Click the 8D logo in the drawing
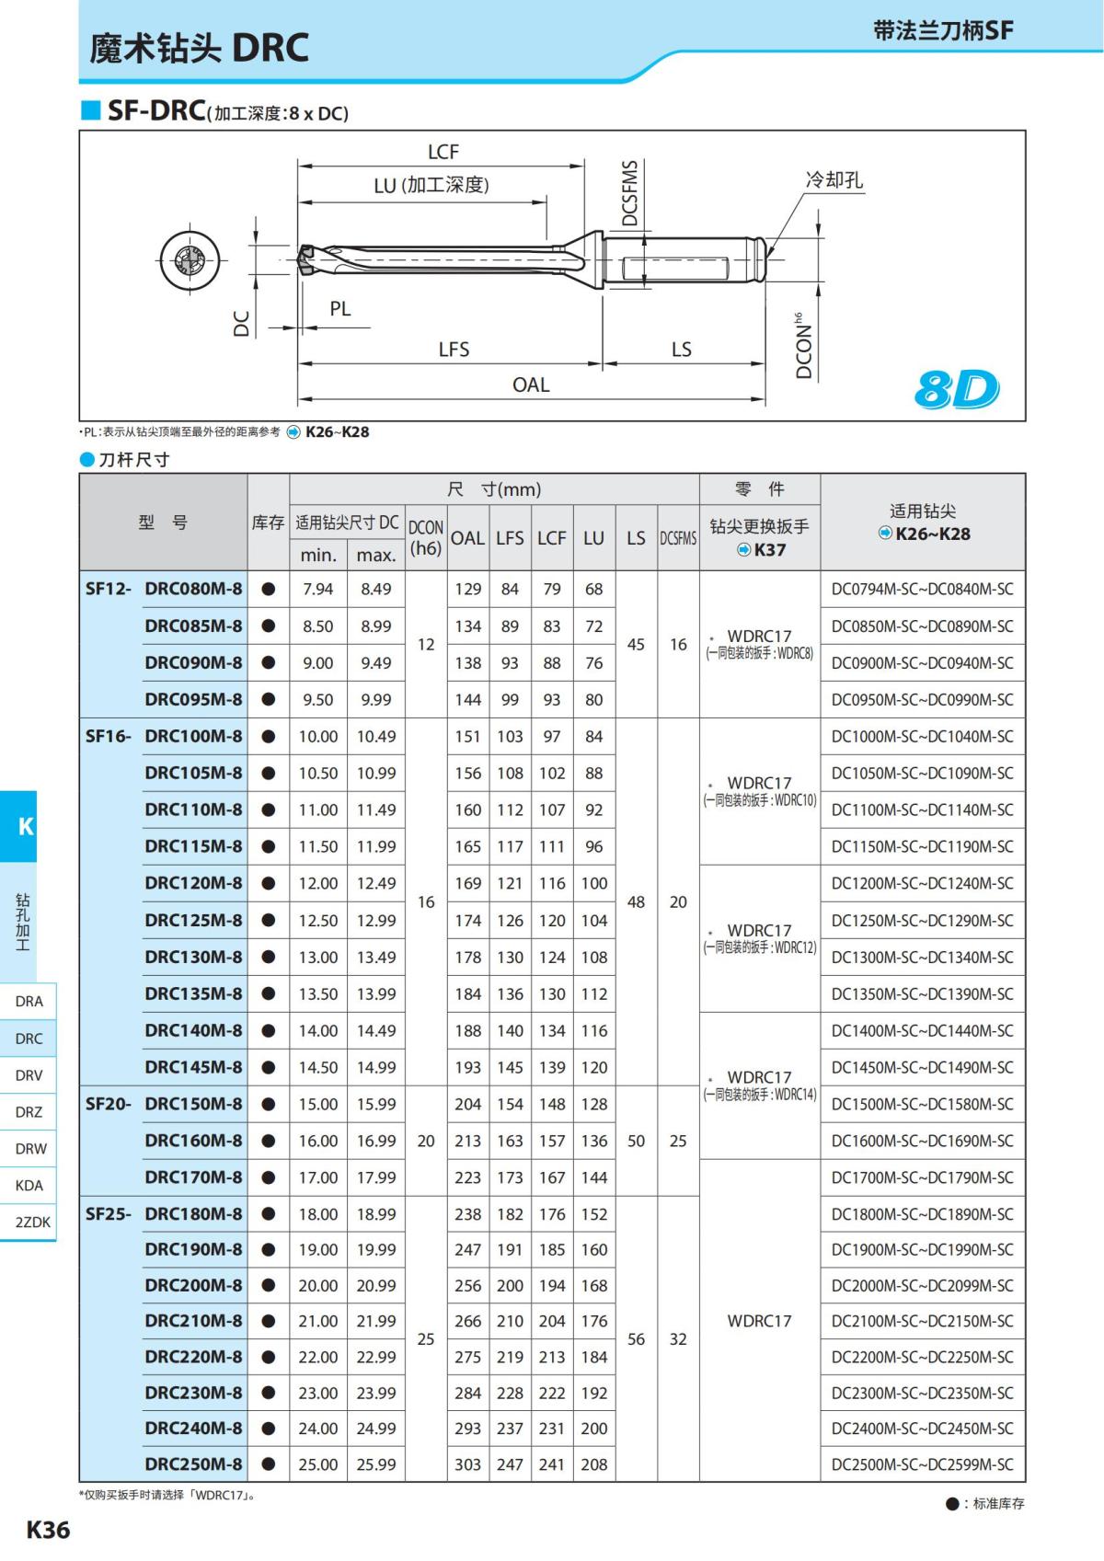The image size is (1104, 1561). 956,389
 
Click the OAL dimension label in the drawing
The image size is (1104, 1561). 531,385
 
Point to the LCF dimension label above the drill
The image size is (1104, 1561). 443,152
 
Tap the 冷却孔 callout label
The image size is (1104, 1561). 834,179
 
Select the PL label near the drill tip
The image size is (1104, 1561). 339,309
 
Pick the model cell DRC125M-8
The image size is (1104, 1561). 193,920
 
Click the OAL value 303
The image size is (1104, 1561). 467,1464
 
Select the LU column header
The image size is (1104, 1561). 593,537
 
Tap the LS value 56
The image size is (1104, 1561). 636,1339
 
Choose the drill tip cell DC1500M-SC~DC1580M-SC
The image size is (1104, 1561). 922,1104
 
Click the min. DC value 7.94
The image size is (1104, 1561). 317,589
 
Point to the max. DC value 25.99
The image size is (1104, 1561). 376,1464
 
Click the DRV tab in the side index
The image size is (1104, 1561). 29,1074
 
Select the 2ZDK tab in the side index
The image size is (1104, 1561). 32,1222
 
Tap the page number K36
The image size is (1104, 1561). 48,1529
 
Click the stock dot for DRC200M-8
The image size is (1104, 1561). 269,1285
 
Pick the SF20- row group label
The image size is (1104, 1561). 108,1104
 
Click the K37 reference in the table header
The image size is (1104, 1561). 769,550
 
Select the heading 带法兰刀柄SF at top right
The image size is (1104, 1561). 943,30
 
